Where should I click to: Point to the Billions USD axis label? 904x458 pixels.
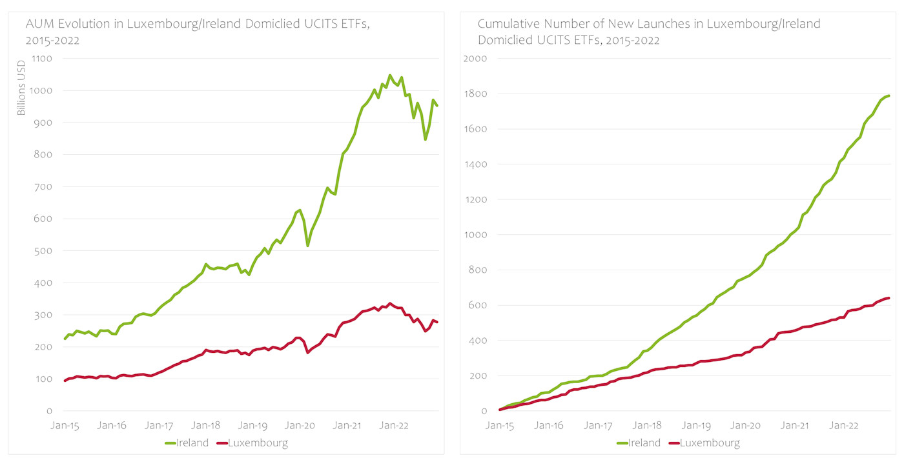coord(21,88)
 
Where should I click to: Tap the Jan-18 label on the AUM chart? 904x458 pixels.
coord(206,426)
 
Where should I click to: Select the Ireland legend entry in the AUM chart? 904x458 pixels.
coord(187,443)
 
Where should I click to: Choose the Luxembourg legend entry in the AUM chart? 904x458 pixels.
coord(251,443)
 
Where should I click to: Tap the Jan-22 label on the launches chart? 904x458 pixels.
coord(844,426)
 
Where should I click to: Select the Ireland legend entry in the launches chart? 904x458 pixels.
coord(639,443)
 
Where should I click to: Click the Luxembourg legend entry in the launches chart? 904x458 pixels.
coord(703,443)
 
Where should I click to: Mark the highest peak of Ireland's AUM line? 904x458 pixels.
coord(389,75)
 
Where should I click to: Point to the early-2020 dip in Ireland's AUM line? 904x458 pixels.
coord(308,246)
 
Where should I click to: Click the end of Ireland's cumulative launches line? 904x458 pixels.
coord(889,96)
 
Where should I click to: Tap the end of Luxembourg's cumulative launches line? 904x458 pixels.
coord(889,298)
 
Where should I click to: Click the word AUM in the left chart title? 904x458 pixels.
coord(37,25)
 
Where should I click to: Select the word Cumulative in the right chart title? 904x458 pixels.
coord(507,25)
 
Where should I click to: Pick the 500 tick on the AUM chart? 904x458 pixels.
coord(44,251)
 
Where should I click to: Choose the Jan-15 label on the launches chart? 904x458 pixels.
coord(499,426)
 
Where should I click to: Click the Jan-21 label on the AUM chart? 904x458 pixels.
coord(347,426)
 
